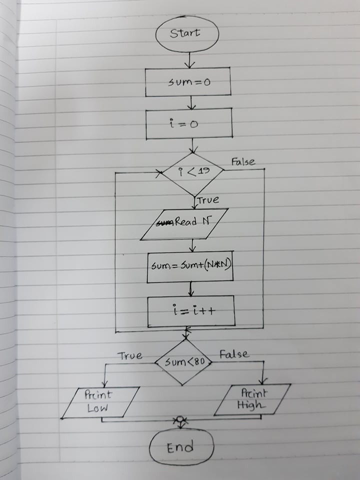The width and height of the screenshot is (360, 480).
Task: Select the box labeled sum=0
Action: point(188,81)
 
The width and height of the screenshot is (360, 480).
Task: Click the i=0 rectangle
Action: point(189,123)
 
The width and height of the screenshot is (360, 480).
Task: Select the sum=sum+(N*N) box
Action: point(190,267)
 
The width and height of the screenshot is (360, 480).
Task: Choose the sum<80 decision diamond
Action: point(182,361)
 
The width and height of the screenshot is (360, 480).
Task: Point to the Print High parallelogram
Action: point(252,399)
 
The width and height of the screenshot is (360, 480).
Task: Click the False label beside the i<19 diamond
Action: point(243,162)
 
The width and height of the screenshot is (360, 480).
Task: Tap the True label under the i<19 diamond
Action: point(207,200)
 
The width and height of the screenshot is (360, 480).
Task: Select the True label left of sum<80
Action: point(129,356)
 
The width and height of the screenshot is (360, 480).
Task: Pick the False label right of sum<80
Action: point(234,354)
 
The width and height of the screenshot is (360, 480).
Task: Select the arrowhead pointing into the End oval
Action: point(179,422)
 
